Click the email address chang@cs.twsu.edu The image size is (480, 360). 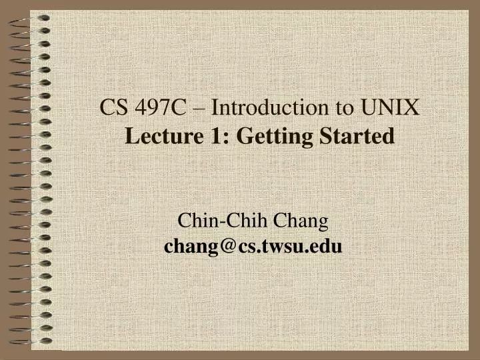[x=253, y=247]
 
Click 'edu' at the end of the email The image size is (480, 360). [x=327, y=247]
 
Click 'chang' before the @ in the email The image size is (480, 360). [x=189, y=247]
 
